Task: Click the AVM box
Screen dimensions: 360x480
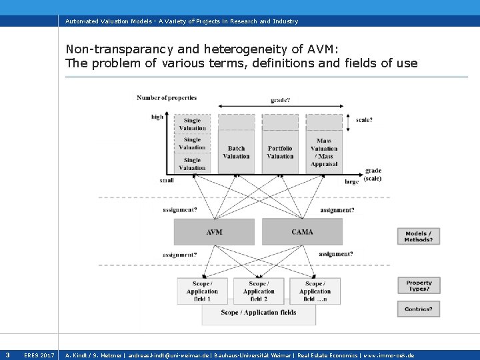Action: [214, 232]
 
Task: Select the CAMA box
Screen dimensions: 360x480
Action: [302, 232]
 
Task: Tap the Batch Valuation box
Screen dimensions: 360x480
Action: [236, 152]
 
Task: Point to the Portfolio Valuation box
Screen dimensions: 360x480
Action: [280, 152]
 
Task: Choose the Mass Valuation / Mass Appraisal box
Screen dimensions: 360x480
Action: [324, 152]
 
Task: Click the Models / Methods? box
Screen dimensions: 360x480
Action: [419, 236]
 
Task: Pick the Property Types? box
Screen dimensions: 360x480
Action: [419, 285]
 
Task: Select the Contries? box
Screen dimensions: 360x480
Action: [419, 309]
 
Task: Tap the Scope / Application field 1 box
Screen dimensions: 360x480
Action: [202, 291]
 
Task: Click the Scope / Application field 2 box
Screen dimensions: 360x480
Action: [259, 291]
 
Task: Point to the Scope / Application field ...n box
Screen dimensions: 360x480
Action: [315, 291]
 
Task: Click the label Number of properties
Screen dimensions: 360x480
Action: [167, 98]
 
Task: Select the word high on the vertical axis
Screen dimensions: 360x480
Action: [157, 117]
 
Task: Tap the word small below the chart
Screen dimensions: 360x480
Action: [167, 180]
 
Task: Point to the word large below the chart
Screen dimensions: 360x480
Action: [351, 181]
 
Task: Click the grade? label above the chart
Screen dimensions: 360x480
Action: [280, 101]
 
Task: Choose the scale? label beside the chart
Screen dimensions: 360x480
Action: [364, 120]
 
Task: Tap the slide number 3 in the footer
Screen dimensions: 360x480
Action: [7, 355]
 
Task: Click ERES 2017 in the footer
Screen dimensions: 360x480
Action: [39, 355]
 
